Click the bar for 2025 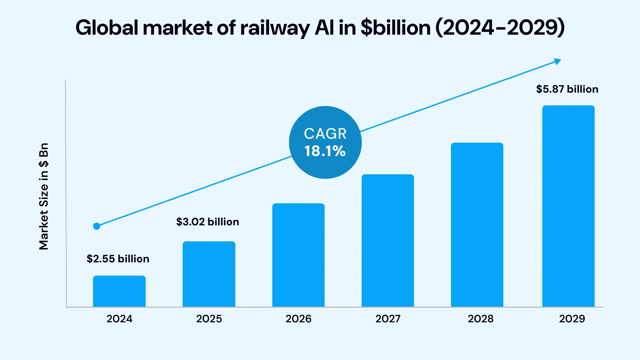pyautogui.click(x=209, y=274)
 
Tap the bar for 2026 pyautogui.click(x=298, y=255)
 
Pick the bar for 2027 pyautogui.click(x=388, y=240)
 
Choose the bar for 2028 pyautogui.click(x=477, y=225)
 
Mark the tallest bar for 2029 pyautogui.click(x=568, y=206)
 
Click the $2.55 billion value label pyautogui.click(x=118, y=259)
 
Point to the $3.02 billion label pyautogui.click(x=208, y=222)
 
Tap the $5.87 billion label pyautogui.click(x=567, y=89)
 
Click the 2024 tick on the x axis pyautogui.click(x=119, y=319)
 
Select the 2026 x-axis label pyautogui.click(x=298, y=319)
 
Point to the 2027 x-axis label pyautogui.click(x=388, y=319)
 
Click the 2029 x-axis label pyautogui.click(x=572, y=319)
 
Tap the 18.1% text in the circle pyautogui.click(x=325, y=151)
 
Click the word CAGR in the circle pyautogui.click(x=325, y=134)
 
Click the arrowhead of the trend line pyautogui.click(x=557, y=61)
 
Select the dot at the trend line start pyautogui.click(x=97, y=226)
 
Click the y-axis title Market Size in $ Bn pyautogui.click(x=44, y=197)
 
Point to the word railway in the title pyautogui.click(x=275, y=28)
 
